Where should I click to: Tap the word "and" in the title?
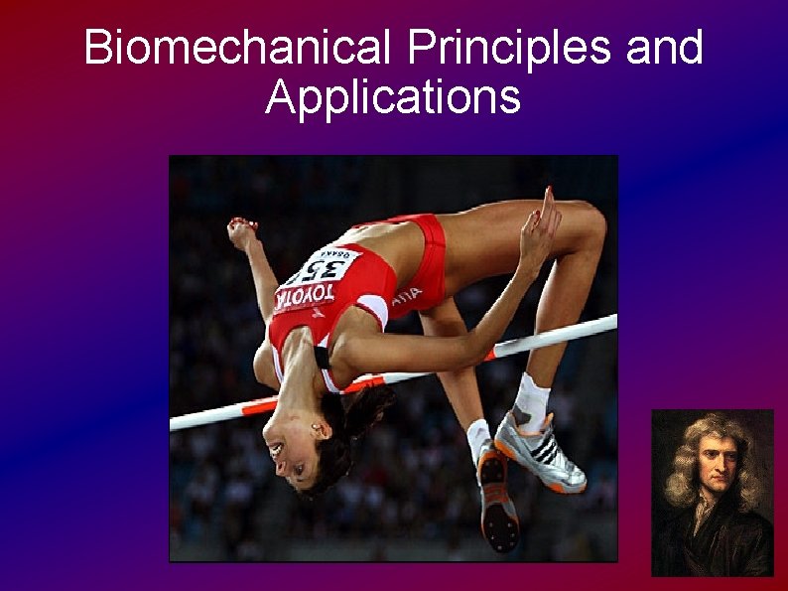pos(664,48)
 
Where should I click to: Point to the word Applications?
pos(393,97)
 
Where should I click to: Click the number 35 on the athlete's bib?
pos(325,268)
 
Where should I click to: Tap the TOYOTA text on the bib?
pos(304,294)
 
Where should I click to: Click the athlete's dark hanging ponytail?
pos(362,417)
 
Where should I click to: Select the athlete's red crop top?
pos(337,298)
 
